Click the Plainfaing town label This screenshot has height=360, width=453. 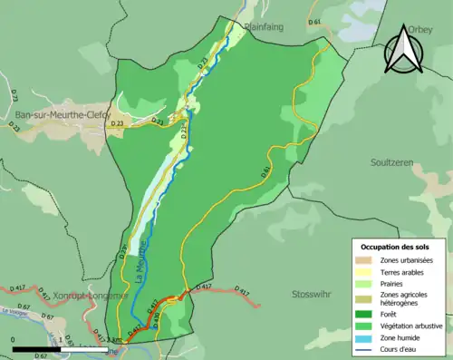pos(264,27)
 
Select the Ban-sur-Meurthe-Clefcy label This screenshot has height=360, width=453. pos(63,114)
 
